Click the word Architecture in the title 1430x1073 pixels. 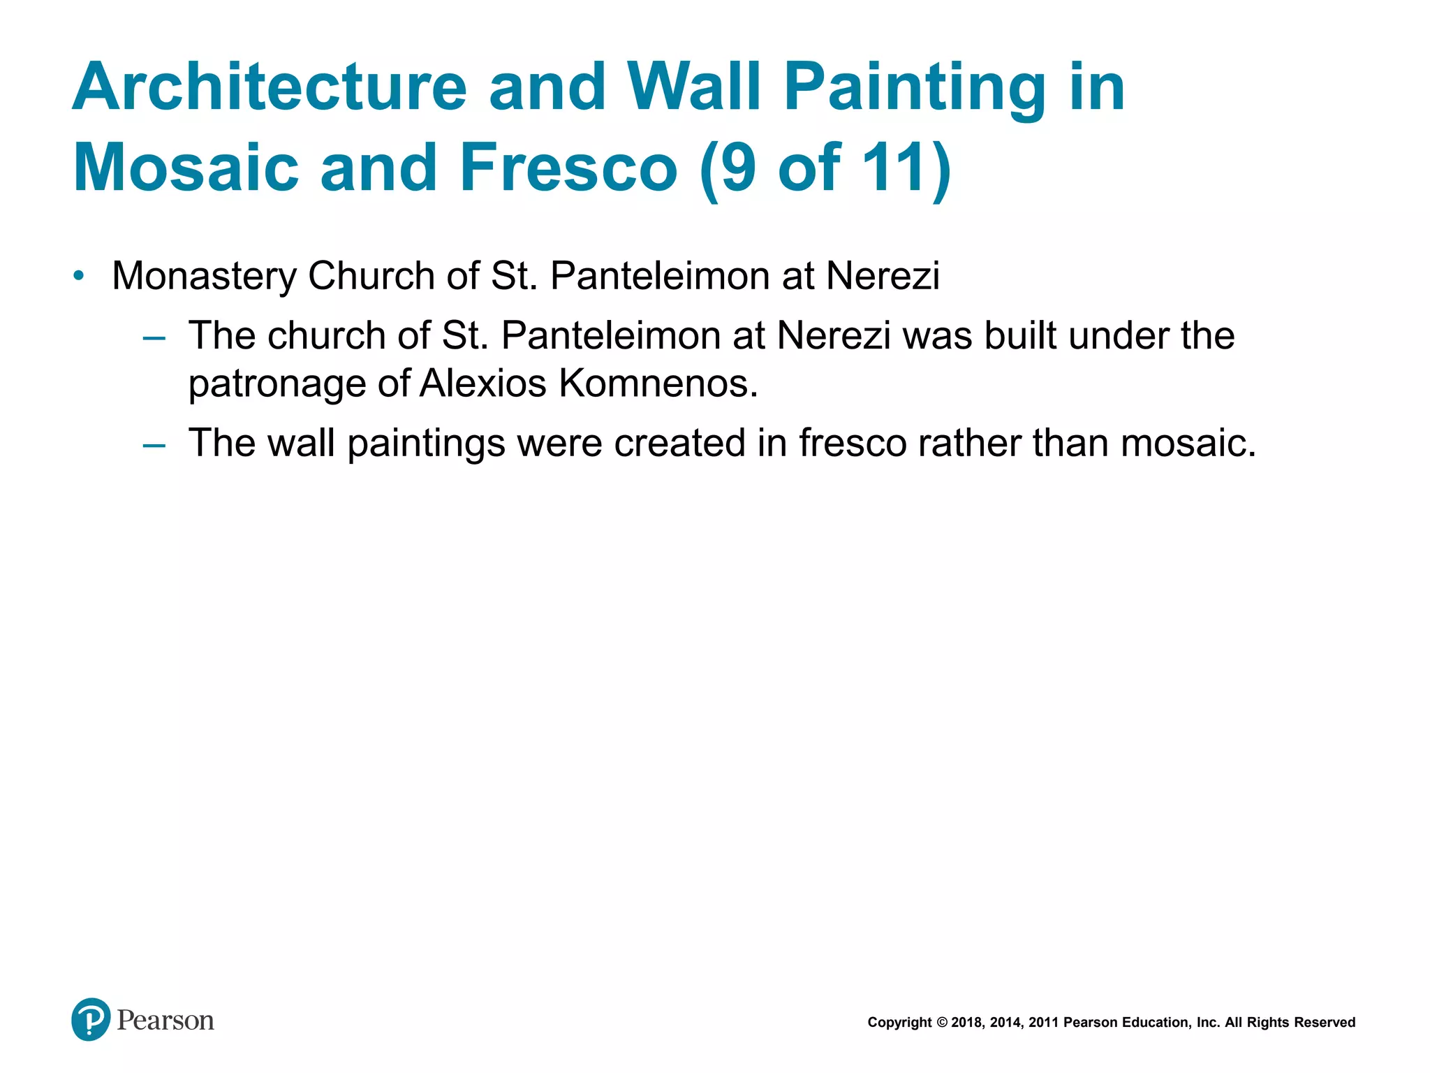(x=270, y=88)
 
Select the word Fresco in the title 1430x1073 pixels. (x=568, y=168)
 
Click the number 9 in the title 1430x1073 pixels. (x=738, y=168)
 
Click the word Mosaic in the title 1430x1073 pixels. (x=186, y=168)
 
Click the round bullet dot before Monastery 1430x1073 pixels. (x=79, y=275)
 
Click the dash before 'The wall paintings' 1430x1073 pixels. (x=154, y=446)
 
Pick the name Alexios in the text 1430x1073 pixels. (x=482, y=384)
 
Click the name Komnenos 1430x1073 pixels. (x=658, y=384)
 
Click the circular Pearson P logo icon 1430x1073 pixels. (x=91, y=1019)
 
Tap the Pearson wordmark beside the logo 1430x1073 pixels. (x=165, y=1021)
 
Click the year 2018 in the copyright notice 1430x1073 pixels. (x=966, y=1023)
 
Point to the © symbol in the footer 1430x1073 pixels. (x=941, y=1023)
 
